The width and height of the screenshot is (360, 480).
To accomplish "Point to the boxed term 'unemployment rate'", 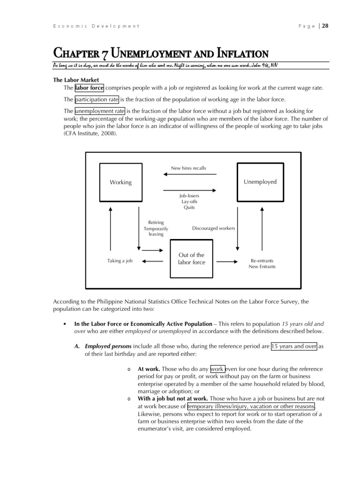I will click(99, 111).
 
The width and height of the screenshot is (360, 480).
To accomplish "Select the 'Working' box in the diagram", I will click(120, 182).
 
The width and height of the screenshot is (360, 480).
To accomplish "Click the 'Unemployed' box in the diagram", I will click(260, 182).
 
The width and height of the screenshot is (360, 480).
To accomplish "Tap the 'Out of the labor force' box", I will click(191, 259).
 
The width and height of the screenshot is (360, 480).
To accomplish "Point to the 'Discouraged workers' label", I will click(213, 228).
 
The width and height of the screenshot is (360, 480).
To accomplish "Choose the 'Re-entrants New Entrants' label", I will click(262, 263).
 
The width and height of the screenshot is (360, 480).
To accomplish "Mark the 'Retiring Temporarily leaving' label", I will click(156, 228).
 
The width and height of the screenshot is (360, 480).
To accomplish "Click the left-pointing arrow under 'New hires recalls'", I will click(189, 175).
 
